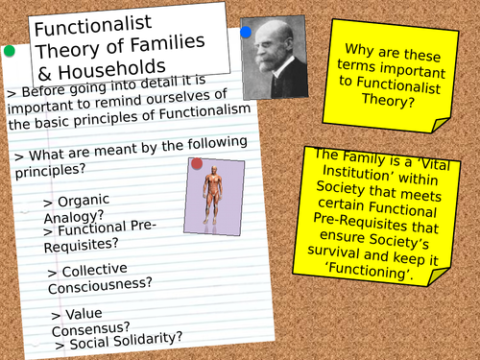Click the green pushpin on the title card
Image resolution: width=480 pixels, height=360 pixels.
[x=10, y=50]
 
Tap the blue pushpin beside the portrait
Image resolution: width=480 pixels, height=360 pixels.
[x=246, y=33]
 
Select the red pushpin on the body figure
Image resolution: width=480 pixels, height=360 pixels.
[x=197, y=163]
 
